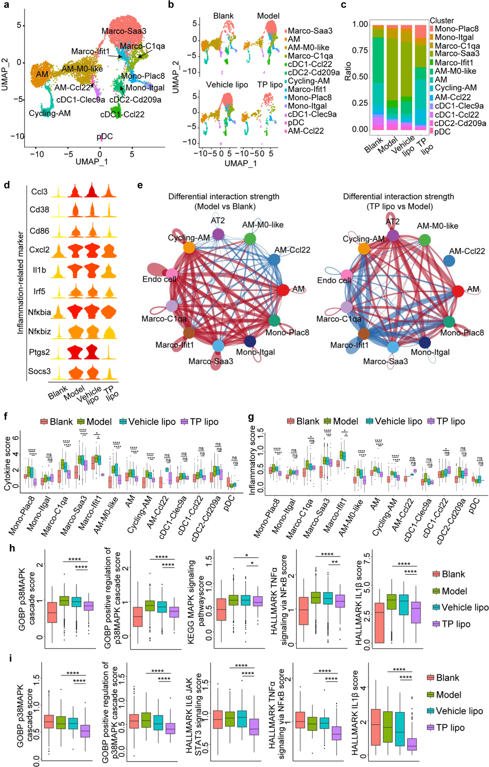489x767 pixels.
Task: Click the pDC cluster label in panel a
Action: (105, 136)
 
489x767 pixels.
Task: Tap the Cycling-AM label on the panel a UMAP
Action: (49, 113)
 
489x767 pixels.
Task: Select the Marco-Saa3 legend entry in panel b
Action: (310, 31)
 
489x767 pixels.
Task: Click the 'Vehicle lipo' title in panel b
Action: (227, 85)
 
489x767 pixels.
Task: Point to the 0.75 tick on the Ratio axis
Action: (360, 51)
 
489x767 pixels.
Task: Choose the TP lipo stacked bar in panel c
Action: (421, 77)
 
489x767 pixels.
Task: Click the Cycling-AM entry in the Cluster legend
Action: (455, 88)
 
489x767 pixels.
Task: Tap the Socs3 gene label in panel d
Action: (39, 371)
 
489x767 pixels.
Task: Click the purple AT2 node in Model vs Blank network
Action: (218, 234)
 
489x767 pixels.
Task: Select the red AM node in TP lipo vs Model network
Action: (458, 291)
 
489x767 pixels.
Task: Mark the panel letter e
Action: (140, 185)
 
